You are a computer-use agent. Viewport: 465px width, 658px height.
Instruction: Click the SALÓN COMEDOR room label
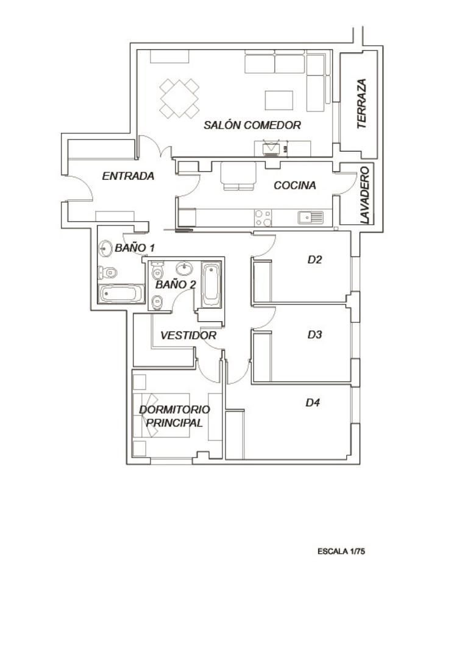(252, 126)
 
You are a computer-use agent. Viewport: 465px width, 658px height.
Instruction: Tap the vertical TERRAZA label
(362, 104)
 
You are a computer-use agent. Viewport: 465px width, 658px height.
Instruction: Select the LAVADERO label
(364, 194)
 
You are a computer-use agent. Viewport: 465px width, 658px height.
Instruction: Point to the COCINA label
(294, 185)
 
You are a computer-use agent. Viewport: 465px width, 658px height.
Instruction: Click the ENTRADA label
(128, 176)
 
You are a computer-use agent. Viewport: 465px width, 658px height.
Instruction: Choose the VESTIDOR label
(188, 336)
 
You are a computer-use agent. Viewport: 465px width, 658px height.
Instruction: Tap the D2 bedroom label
(314, 260)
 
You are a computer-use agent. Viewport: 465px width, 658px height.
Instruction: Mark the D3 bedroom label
(314, 334)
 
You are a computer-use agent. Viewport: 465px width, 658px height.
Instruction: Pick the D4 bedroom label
(313, 403)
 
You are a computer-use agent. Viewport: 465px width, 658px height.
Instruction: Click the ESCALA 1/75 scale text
(341, 551)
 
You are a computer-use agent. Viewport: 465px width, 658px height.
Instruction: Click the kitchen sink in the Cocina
(311, 217)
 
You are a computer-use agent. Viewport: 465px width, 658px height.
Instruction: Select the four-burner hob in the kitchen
(263, 218)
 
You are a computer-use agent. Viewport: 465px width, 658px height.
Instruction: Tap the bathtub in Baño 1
(121, 294)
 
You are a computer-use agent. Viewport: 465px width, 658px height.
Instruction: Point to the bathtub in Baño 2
(211, 284)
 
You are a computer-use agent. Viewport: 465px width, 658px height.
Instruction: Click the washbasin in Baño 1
(106, 249)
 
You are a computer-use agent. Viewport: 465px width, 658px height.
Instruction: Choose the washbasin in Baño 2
(184, 269)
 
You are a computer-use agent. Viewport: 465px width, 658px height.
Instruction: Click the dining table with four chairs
(180, 98)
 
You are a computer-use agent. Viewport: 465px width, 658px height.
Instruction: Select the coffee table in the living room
(279, 100)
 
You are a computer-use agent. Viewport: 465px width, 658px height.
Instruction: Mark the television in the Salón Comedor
(271, 148)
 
